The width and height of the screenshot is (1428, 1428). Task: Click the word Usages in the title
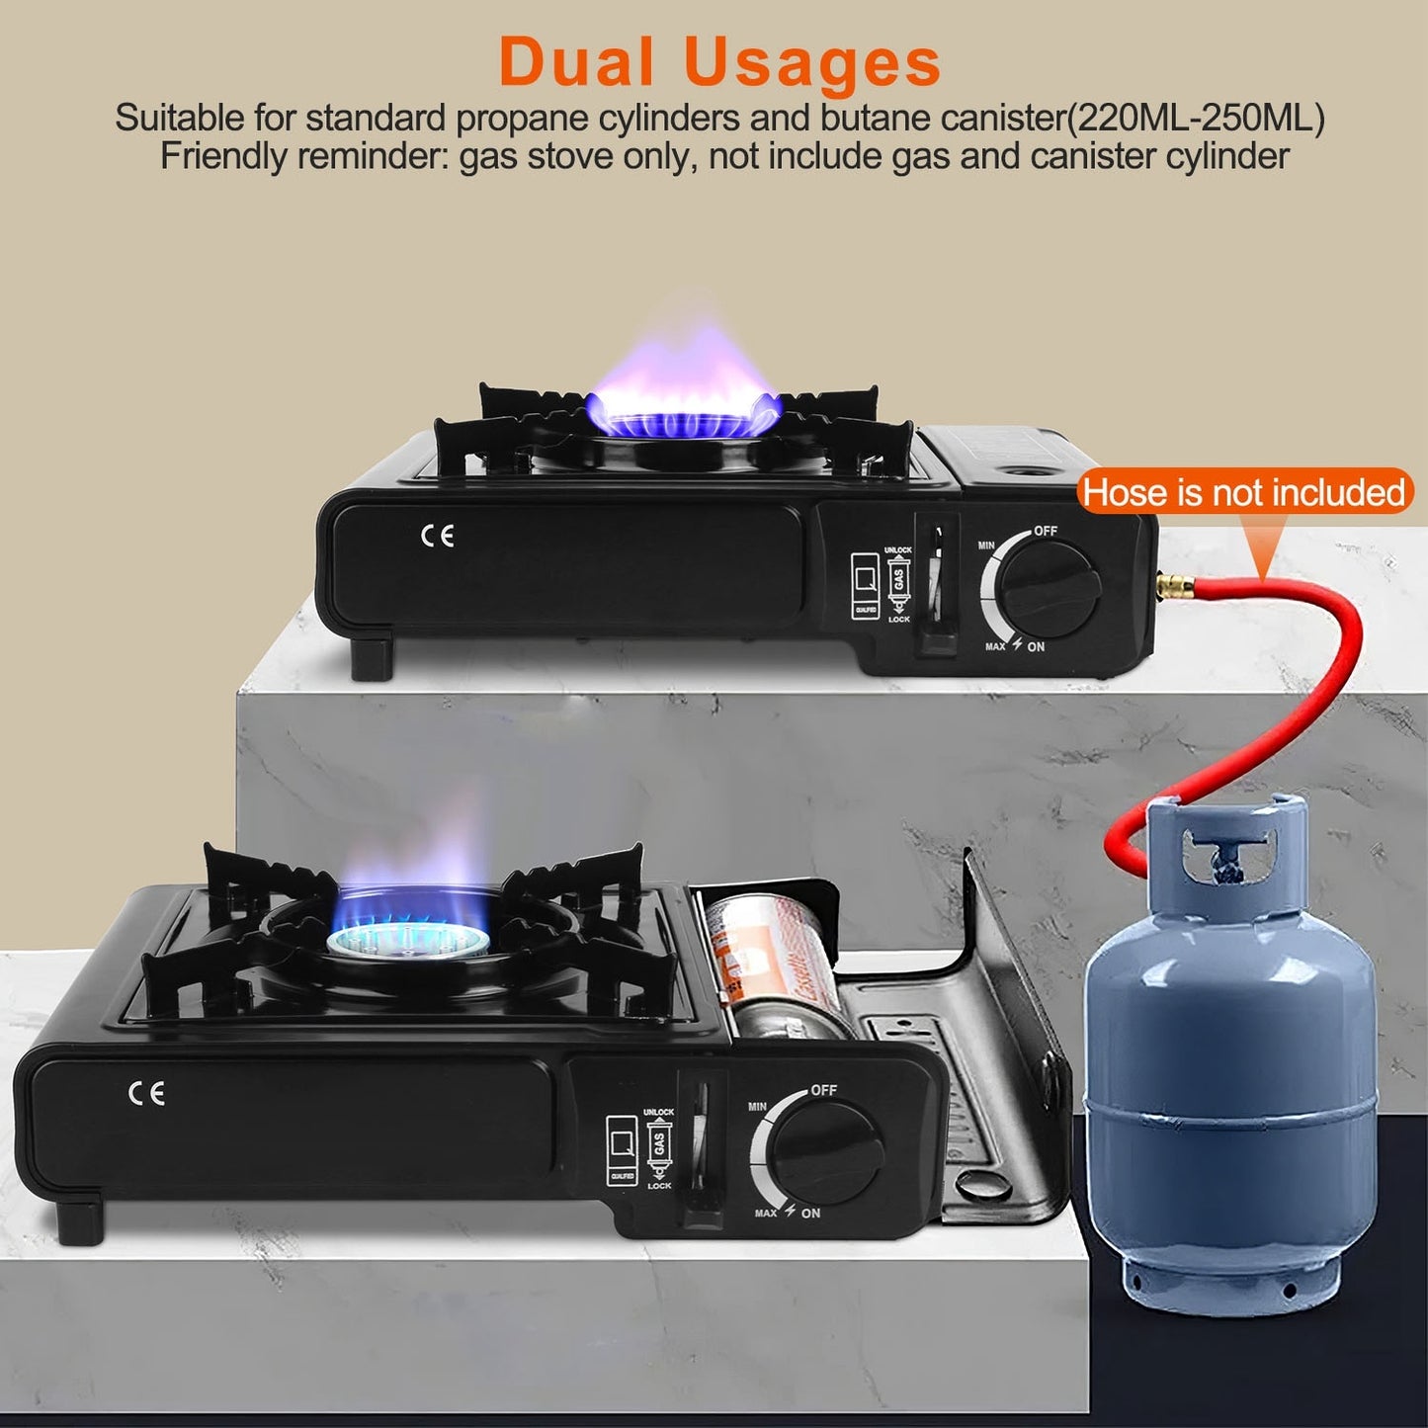(x=811, y=63)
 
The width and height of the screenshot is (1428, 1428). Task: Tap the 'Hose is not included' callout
(x=1242, y=492)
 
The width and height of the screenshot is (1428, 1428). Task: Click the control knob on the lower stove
(x=826, y=1152)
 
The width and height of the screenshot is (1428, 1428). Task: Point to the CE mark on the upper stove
(x=437, y=536)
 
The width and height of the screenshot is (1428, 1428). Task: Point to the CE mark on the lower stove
(x=146, y=1093)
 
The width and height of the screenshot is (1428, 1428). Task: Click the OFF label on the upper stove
(x=1046, y=532)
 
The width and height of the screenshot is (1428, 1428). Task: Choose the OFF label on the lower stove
(x=823, y=1090)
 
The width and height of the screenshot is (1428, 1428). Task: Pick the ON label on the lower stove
(x=810, y=1214)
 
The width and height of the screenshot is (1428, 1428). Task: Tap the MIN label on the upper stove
(x=985, y=546)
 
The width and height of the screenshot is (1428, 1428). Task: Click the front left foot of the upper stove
(x=372, y=659)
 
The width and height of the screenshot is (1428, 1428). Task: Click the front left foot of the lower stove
(x=80, y=1221)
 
